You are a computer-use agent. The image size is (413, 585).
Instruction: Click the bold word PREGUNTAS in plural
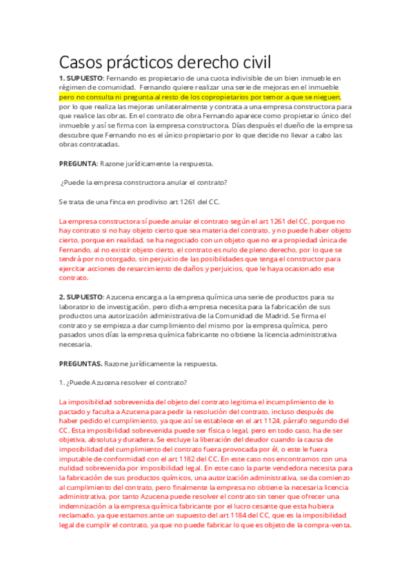[81, 364]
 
